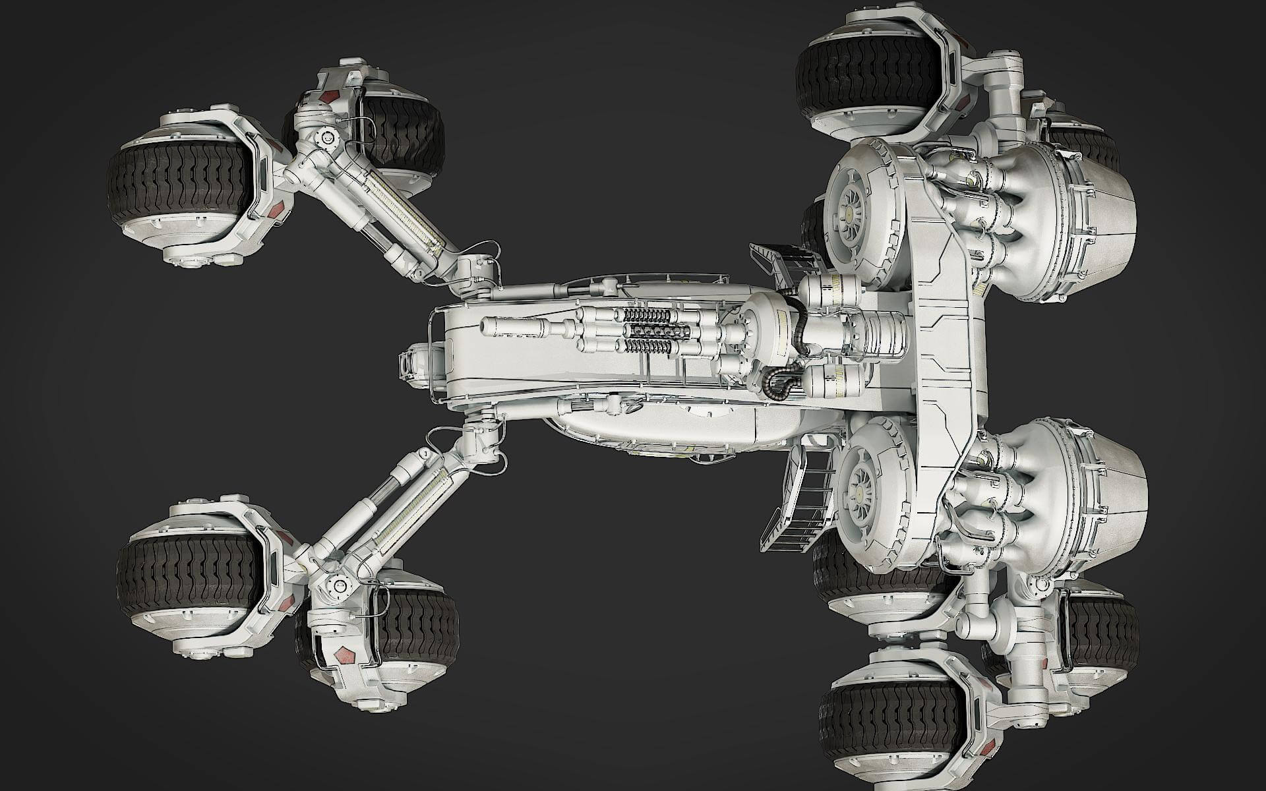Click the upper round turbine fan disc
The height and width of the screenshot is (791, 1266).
pyautogui.click(x=857, y=204)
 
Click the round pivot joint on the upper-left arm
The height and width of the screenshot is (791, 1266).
pyautogui.click(x=324, y=137)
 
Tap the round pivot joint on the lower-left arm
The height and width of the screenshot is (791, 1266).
pyautogui.click(x=341, y=584)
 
